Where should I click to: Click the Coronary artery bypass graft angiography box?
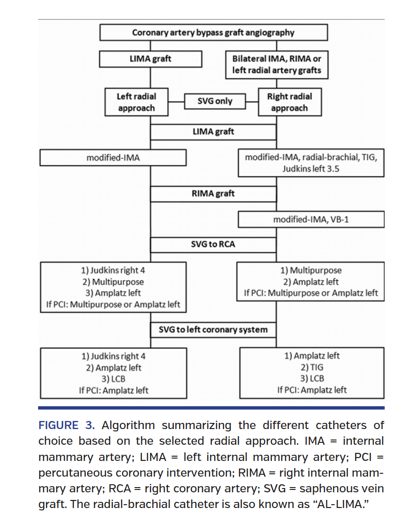coord(213,33)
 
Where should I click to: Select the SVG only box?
coord(215,101)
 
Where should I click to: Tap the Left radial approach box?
coord(136,102)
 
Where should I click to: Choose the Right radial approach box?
coord(289,102)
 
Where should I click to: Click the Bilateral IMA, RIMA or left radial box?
coord(277,65)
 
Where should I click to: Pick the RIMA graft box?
coord(213,194)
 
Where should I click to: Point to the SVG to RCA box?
coord(213,244)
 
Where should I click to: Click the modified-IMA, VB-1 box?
coord(311,219)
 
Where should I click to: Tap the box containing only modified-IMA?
coord(113,158)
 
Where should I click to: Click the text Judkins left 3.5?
coord(311,168)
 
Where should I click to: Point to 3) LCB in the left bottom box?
coord(113,379)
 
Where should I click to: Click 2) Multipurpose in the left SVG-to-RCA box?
coord(113,282)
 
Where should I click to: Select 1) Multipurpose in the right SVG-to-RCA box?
coord(311,270)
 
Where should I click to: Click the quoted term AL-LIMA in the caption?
coord(340,505)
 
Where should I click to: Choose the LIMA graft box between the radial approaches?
coord(213,131)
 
